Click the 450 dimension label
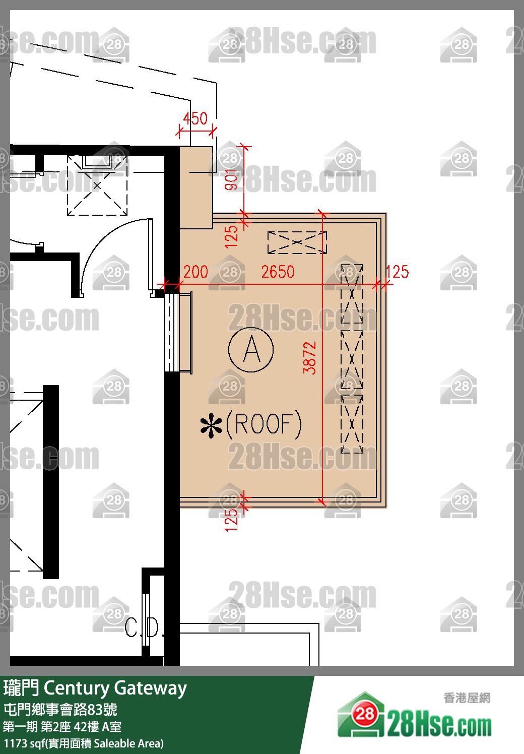point(195,118)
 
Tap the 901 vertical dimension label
point(231,180)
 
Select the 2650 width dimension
point(278,272)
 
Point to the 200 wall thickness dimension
point(195,272)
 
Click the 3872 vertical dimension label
point(310,357)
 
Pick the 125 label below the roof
point(231,520)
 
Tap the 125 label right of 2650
point(397,272)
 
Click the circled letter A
point(251,349)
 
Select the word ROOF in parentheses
point(264,424)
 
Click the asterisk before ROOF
point(211,427)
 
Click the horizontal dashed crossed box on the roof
point(297,242)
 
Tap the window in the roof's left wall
point(178,332)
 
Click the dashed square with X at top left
point(97,185)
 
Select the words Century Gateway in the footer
point(115,688)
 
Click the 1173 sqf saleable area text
point(84,743)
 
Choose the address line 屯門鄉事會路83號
point(60,710)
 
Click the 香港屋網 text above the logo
point(467,698)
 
